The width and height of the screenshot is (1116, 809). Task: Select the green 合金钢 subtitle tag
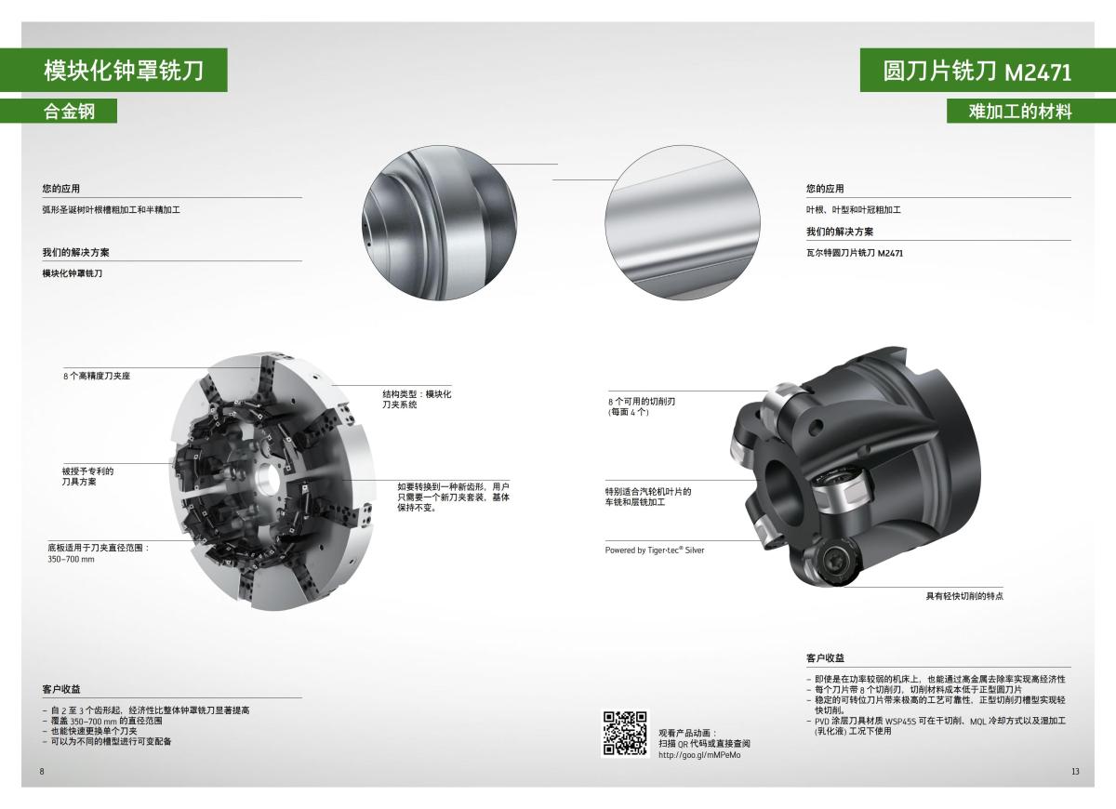point(70,111)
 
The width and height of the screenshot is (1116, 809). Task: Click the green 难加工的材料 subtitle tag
point(1020,112)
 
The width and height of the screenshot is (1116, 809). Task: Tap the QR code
point(625,733)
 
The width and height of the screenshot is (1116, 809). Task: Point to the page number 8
point(42,772)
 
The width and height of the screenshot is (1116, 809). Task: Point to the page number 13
point(1075,772)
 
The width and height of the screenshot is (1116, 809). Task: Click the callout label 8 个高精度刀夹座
point(97,377)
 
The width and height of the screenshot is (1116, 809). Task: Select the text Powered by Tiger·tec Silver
point(655,550)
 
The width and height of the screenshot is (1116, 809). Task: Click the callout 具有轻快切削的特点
point(963,595)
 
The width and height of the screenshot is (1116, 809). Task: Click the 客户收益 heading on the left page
point(61,689)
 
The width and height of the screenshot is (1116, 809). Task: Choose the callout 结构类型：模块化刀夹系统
point(417,399)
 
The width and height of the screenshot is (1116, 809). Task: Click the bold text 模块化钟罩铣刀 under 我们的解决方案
point(73,273)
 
